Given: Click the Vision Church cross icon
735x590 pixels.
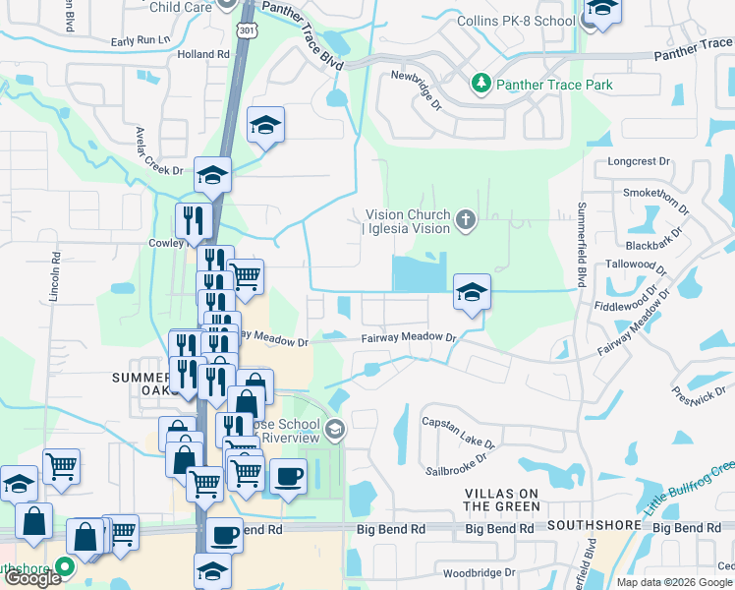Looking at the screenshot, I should [465, 221].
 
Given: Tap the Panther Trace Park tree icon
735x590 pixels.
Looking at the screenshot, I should [481, 85].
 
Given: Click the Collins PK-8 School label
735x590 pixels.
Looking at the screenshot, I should [516, 21].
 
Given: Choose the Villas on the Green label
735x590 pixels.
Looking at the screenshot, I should [502, 499].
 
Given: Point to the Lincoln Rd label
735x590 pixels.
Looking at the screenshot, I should [56, 280].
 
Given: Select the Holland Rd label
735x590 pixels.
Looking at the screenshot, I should [203, 54].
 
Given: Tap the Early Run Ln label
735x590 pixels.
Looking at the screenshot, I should [141, 40].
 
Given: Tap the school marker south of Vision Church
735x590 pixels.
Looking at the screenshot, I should [472, 292].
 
